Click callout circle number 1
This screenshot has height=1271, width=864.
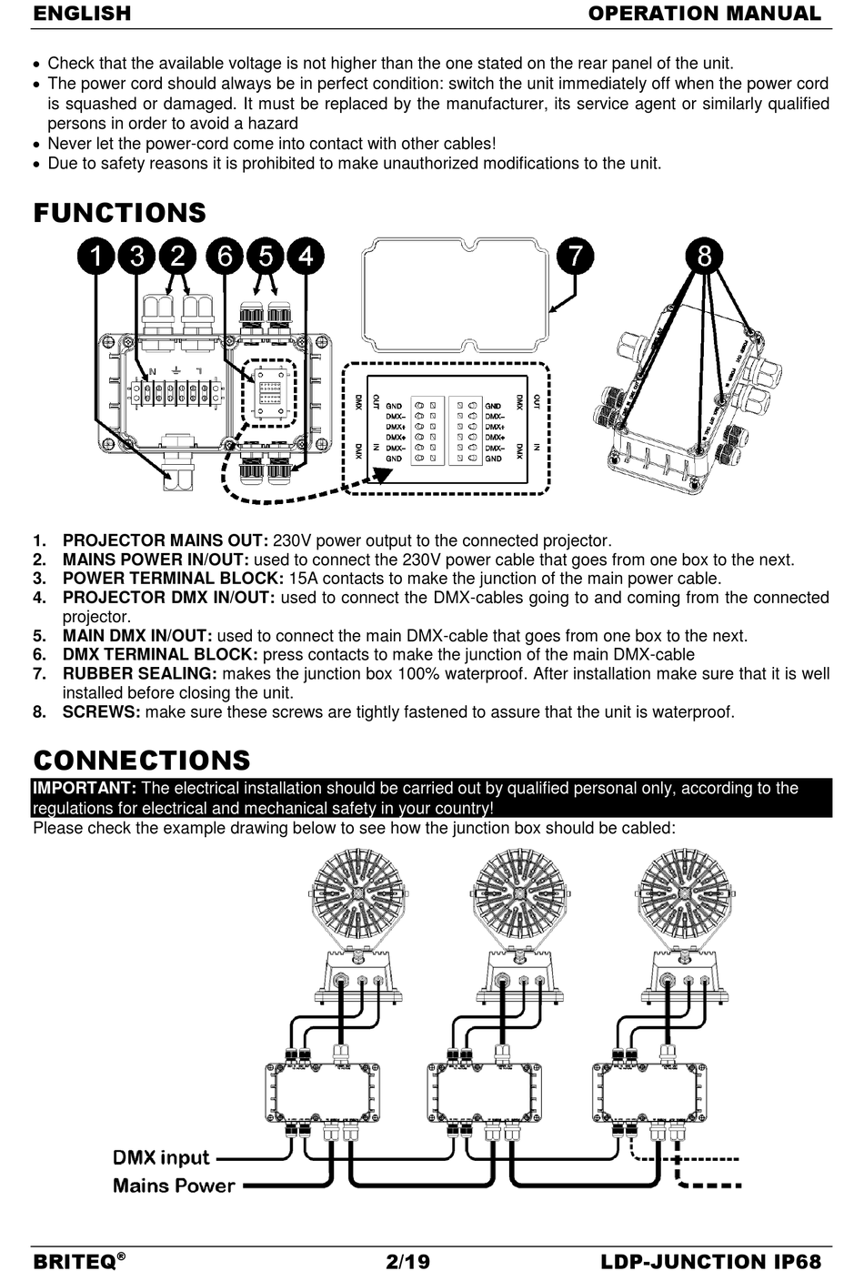point(95,257)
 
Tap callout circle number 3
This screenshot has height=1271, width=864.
point(137,257)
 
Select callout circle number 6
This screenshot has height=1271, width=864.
point(225,257)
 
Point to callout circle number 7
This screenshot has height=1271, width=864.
point(575,257)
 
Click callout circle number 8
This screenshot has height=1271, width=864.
point(704,257)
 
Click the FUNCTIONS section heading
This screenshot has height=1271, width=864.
point(120,213)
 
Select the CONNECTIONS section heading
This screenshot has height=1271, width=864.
point(141,761)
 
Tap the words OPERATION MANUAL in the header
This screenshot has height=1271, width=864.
point(704,14)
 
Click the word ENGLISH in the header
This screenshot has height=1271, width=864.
point(82,14)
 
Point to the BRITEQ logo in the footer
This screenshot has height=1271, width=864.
point(78,1261)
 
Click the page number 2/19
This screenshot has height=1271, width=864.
point(407,1261)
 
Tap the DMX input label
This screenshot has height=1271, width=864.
point(161,1157)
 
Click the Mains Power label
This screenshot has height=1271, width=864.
point(174,1185)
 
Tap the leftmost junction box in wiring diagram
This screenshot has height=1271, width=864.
point(318,1094)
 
